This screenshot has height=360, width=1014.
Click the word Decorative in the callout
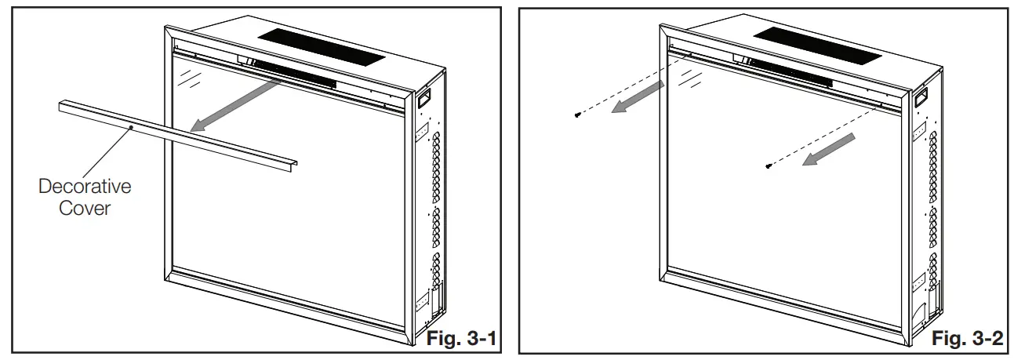tap(85, 187)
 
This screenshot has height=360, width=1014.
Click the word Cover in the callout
tap(85, 209)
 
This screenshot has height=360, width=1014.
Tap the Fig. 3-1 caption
tap(461, 338)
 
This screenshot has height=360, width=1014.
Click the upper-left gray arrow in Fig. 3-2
tap(638, 97)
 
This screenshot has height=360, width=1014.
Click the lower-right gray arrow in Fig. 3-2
tap(829, 150)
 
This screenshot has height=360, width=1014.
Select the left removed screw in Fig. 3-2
tap(577, 115)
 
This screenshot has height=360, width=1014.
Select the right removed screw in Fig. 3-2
tap(768, 166)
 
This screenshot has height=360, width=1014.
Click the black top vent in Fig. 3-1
tap(322, 47)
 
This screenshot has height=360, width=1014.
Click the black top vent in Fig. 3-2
tap(818, 45)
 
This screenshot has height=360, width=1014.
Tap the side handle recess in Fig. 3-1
tap(423, 98)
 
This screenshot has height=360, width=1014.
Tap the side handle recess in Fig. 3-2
tap(921, 97)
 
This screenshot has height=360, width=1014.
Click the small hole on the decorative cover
tap(131, 128)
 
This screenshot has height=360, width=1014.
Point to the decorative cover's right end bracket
tap(293, 165)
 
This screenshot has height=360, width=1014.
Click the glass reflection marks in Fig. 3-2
tap(689, 78)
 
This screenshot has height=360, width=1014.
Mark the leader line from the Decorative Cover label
tap(107, 153)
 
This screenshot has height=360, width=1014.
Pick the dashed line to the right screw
tap(825, 135)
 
